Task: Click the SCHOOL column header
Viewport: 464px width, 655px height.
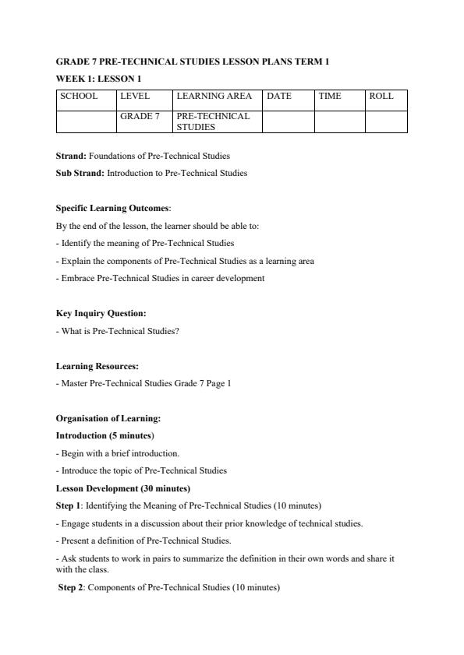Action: (x=79, y=97)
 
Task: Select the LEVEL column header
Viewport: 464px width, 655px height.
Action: (x=134, y=97)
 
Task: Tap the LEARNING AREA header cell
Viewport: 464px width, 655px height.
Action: (x=214, y=97)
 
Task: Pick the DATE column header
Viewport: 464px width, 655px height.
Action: (x=279, y=97)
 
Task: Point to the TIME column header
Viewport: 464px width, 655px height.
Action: (x=330, y=97)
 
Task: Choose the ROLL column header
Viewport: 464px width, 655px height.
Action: (x=381, y=97)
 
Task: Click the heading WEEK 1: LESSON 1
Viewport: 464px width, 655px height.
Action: (x=98, y=79)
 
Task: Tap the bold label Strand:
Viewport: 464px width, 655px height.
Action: (x=71, y=156)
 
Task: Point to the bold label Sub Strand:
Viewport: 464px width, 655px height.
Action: (x=80, y=173)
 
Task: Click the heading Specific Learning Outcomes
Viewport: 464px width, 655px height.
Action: (x=113, y=209)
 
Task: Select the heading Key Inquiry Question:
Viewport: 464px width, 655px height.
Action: (x=101, y=313)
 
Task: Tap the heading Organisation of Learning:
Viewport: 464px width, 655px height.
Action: (x=108, y=418)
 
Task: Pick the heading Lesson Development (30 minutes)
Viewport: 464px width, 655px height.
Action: (x=122, y=488)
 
